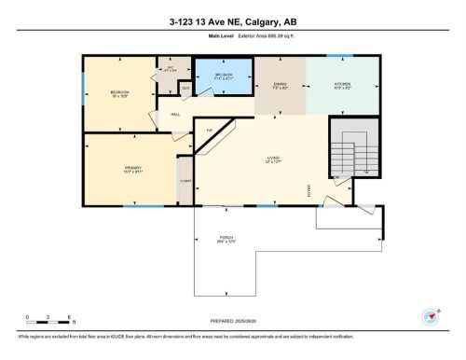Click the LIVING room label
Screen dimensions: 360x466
273,159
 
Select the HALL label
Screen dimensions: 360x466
175,115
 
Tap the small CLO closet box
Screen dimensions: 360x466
185,89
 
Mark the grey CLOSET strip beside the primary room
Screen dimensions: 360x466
185,180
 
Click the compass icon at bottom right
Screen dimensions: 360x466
431,317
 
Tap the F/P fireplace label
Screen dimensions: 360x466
210,129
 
